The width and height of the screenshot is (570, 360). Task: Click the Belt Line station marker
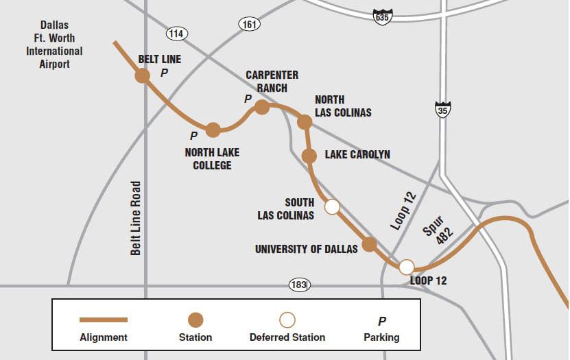coord(143,75)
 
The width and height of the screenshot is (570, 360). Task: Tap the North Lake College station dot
coord(213,129)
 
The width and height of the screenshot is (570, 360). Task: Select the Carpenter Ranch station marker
coord(261,107)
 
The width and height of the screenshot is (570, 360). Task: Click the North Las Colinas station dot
coord(305,122)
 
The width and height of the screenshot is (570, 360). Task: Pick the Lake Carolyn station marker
coord(309,156)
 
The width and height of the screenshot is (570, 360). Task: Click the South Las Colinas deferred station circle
coord(332,206)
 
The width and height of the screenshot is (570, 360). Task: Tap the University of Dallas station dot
coord(370,244)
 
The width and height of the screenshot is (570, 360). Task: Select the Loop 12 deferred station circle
coord(407,267)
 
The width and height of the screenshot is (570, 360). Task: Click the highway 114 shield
coord(177,33)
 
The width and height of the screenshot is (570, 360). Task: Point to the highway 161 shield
coord(249,25)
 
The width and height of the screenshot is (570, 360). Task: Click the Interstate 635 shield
coord(383,16)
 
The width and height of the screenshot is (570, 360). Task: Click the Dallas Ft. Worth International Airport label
coord(54,45)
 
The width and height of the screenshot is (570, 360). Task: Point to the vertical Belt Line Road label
coord(136,218)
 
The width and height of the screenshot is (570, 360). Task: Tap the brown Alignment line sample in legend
coord(104,320)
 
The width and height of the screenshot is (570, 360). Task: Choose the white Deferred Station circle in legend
coord(287,320)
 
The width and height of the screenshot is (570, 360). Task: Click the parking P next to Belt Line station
coord(164,72)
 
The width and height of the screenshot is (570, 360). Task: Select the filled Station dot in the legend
coord(195,320)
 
